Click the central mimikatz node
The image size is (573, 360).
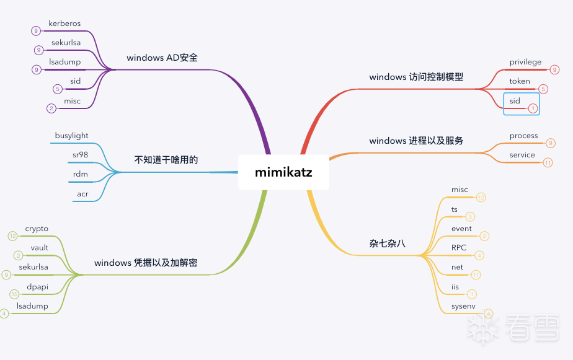point(283,172)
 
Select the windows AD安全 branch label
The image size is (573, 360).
point(162,58)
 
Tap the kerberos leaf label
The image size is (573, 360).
point(64,24)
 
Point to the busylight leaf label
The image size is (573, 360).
point(71,136)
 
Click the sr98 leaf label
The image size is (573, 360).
point(80,154)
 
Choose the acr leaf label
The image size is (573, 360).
point(82,194)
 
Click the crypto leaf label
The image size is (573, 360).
point(37,229)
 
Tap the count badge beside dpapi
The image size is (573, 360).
point(15,294)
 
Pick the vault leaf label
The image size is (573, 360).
point(39,248)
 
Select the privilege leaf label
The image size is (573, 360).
point(525,62)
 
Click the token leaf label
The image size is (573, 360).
point(520,81)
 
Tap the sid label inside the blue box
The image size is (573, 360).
point(515,100)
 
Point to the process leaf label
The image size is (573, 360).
point(523,136)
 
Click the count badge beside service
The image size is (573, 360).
point(548,163)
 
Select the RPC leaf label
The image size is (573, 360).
point(459,248)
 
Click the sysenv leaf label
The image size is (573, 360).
point(463,306)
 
